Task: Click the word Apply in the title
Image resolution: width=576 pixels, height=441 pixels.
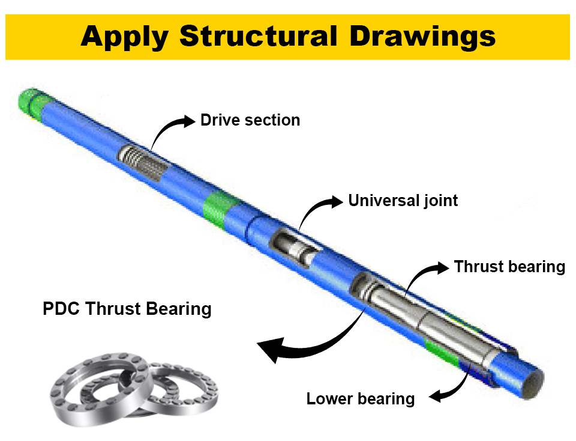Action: tap(125, 37)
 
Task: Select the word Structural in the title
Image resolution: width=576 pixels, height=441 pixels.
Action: tap(257, 37)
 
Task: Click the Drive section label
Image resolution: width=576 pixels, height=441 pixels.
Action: tap(250, 120)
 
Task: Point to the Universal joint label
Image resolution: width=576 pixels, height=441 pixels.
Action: tap(403, 200)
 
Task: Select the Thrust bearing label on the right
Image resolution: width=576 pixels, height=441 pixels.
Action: tap(509, 266)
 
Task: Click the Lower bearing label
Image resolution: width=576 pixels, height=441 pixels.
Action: tap(360, 398)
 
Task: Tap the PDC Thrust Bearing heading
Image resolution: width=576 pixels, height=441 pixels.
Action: tap(127, 309)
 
